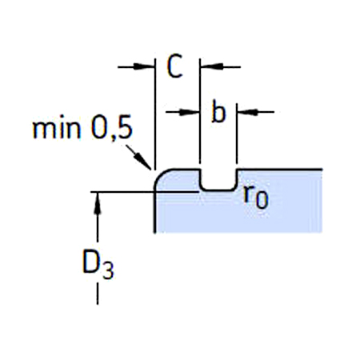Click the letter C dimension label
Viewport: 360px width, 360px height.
pyautogui.click(x=175, y=66)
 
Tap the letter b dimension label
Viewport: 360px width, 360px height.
pyautogui.click(x=218, y=112)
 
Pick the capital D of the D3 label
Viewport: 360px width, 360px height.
pyautogui.click(x=90, y=262)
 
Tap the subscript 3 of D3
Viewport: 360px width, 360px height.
pyautogui.click(x=108, y=270)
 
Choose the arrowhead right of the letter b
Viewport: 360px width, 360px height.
pyautogui.click(x=245, y=112)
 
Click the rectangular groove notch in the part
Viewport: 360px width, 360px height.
pyautogui.click(x=218, y=181)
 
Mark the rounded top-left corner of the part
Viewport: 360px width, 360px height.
pyautogui.click(x=160, y=175)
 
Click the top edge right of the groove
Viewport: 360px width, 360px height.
pyautogui.click(x=280, y=170)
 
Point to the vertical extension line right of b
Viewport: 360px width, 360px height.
pyautogui.click(x=238, y=136)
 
